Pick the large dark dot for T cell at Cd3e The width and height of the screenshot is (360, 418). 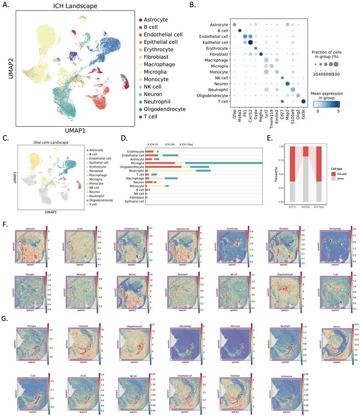click(303, 101)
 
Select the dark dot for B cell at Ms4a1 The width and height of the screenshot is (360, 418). click(240, 31)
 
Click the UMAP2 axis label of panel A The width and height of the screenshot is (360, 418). click(7, 66)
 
